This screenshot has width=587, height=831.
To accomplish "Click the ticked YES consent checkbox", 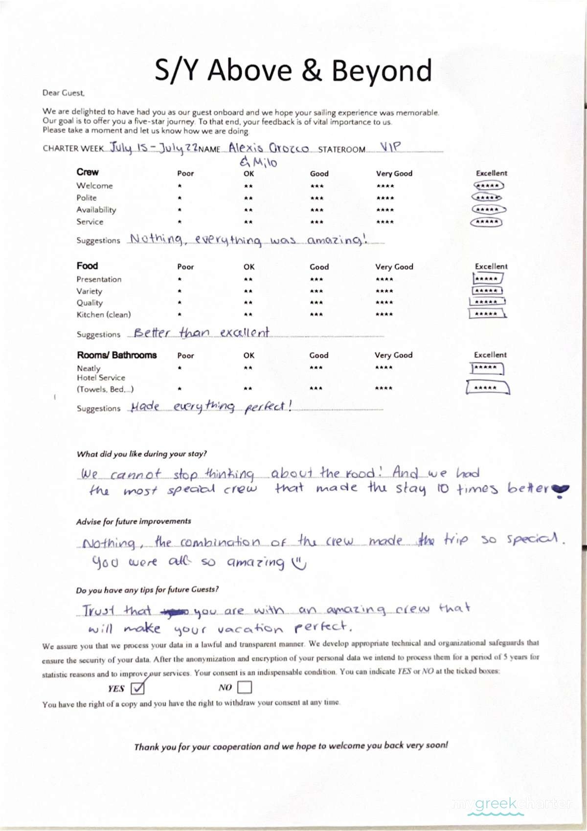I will (138, 688).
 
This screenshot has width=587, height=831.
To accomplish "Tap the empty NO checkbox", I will (244, 687).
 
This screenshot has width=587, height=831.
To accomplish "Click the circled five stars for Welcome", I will (488, 186).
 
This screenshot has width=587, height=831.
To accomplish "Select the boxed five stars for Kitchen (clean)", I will (487, 314).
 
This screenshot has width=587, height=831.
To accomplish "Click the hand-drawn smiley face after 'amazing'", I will (298, 564).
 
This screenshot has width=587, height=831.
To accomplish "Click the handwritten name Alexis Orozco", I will (269, 148).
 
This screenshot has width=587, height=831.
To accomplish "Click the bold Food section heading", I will (87, 266).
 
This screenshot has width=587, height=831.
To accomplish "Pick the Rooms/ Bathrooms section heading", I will (116, 355).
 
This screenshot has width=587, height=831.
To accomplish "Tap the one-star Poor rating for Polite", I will (180, 198).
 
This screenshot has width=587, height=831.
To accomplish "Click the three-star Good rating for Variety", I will (316, 291).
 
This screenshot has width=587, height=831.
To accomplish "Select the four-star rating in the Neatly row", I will (384, 368).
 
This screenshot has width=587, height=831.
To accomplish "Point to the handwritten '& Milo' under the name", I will (258, 162).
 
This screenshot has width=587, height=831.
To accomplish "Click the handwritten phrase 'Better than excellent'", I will (201, 333).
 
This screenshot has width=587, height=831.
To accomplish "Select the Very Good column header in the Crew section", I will (394, 174).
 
